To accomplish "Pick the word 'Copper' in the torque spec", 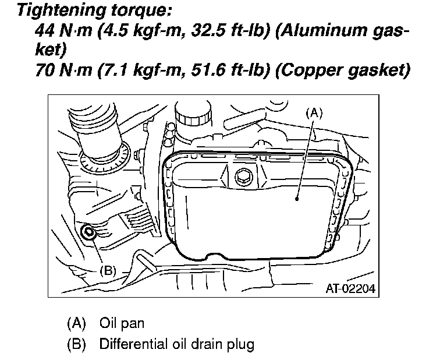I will (315, 71).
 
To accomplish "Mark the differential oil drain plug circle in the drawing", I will (90, 233).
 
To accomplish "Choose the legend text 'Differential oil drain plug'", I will (177, 344).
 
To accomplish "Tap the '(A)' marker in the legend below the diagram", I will (76, 323).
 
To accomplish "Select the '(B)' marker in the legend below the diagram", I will (76, 344).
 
